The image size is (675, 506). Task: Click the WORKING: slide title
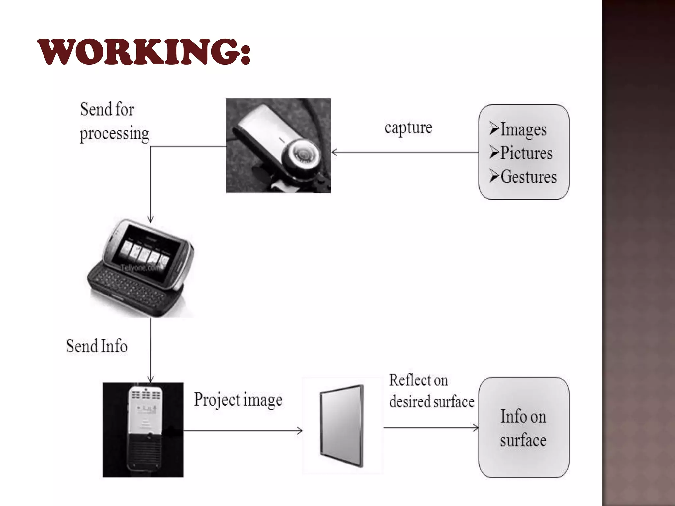[x=144, y=52]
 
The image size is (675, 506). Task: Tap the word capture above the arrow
[x=408, y=128]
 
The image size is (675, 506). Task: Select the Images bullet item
[x=523, y=129]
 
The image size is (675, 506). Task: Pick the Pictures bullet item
[x=526, y=153]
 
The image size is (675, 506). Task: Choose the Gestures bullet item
[x=528, y=177]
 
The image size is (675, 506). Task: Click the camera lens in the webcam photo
[x=302, y=153]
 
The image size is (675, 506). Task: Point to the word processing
[x=114, y=134]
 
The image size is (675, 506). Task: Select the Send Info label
[x=97, y=346]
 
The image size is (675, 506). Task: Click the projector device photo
[x=143, y=430]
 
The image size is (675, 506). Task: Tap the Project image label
[x=238, y=400]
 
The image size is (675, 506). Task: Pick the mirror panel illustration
[x=342, y=425]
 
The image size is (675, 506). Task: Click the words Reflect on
[x=418, y=380]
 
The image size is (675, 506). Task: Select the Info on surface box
[x=523, y=427]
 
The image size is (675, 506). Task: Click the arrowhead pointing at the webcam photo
[x=334, y=152]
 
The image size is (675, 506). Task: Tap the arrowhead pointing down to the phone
[x=151, y=220]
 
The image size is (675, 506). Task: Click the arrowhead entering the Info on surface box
[x=476, y=428]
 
